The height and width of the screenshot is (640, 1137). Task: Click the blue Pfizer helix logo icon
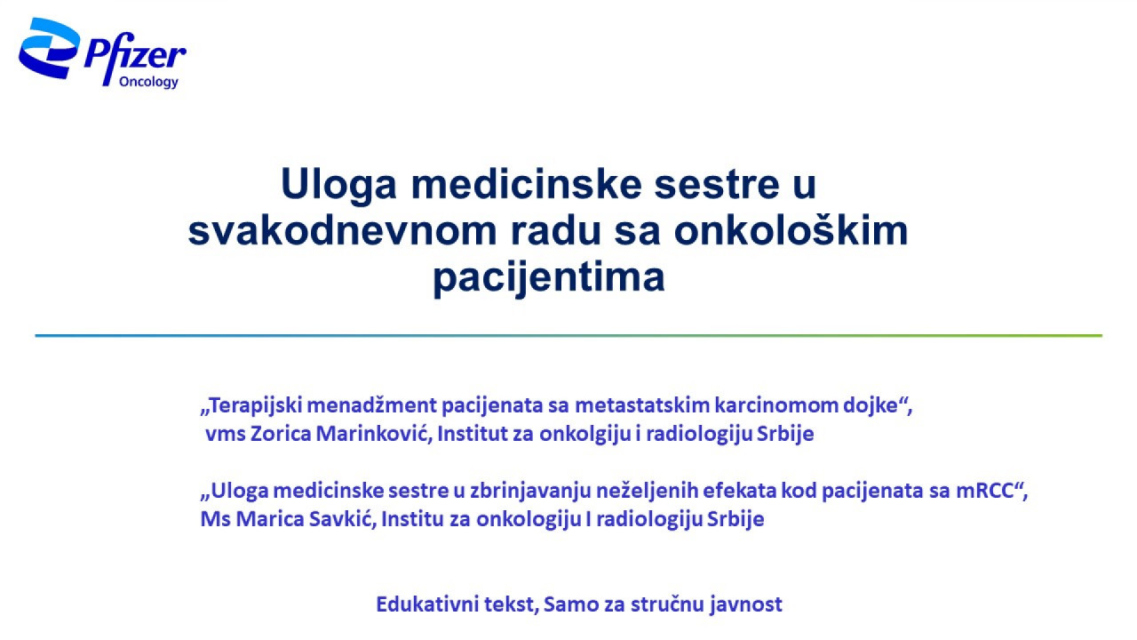(x=48, y=48)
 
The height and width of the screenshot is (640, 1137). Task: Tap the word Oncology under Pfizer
(x=148, y=82)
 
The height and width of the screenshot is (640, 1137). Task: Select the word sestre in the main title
(x=717, y=184)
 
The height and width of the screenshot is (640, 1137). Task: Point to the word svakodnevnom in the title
(x=342, y=231)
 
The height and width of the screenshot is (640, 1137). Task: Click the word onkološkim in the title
(x=791, y=229)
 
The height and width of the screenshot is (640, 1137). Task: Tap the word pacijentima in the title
(x=549, y=278)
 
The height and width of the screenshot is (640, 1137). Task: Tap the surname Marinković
(x=374, y=434)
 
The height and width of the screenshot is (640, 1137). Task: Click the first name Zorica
(x=281, y=434)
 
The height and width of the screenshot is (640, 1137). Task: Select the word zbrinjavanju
(x=530, y=492)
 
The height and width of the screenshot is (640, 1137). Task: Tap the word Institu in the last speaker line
(x=412, y=519)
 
